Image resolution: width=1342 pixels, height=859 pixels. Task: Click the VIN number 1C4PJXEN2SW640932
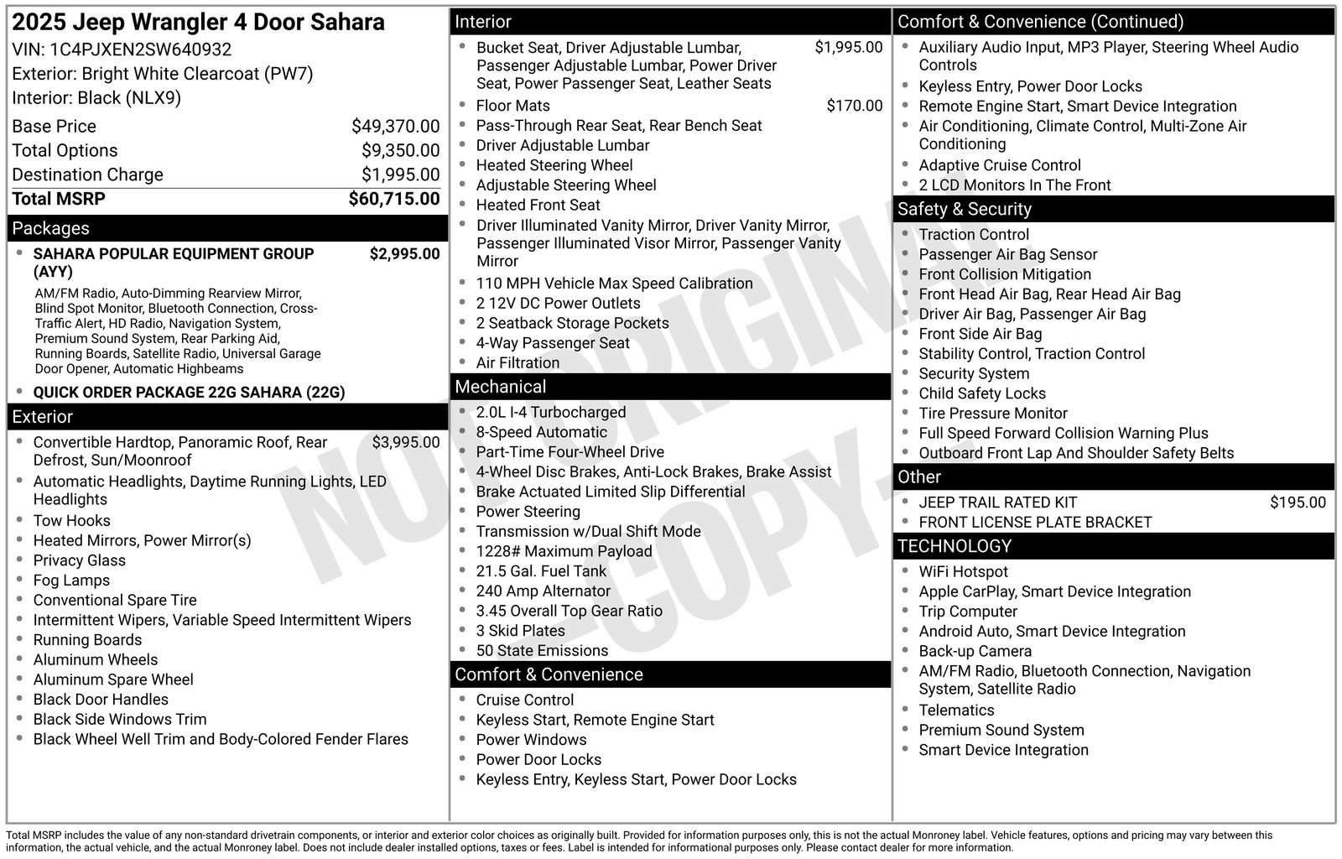pyautogui.click(x=140, y=49)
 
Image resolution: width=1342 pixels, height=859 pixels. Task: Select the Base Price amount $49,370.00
pyautogui.click(x=395, y=127)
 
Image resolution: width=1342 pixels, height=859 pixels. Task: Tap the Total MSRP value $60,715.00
pyautogui.click(x=393, y=199)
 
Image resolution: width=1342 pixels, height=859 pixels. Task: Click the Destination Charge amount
pyautogui.click(x=400, y=174)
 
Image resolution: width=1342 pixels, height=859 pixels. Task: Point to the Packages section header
pyautogui.click(x=50, y=228)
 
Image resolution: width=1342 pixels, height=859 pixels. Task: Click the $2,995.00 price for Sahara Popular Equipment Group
pyautogui.click(x=404, y=254)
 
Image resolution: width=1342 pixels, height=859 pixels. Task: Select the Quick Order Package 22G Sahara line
pyautogui.click(x=189, y=393)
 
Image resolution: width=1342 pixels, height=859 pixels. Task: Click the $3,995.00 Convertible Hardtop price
pyautogui.click(x=405, y=442)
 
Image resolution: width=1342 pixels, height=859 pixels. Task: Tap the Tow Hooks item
pyautogui.click(x=71, y=521)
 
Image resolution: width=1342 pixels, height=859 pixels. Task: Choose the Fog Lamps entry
pyautogui.click(x=71, y=580)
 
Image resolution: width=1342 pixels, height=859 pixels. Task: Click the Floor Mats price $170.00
pyautogui.click(x=854, y=106)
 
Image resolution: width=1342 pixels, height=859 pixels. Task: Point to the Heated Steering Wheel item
pyautogui.click(x=554, y=165)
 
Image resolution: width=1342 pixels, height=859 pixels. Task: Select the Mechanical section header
pyautogui.click(x=500, y=387)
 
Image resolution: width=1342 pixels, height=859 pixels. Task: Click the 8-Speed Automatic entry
pyautogui.click(x=541, y=432)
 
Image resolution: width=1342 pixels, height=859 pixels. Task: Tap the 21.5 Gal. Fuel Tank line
pyautogui.click(x=540, y=571)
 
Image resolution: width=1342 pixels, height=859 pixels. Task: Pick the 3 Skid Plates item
pyautogui.click(x=520, y=631)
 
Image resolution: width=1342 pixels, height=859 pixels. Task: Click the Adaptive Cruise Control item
pyautogui.click(x=999, y=165)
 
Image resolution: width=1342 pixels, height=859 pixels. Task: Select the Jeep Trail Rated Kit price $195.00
pyautogui.click(x=1298, y=502)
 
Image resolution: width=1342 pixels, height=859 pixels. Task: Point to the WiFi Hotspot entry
pyautogui.click(x=963, y=572)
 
